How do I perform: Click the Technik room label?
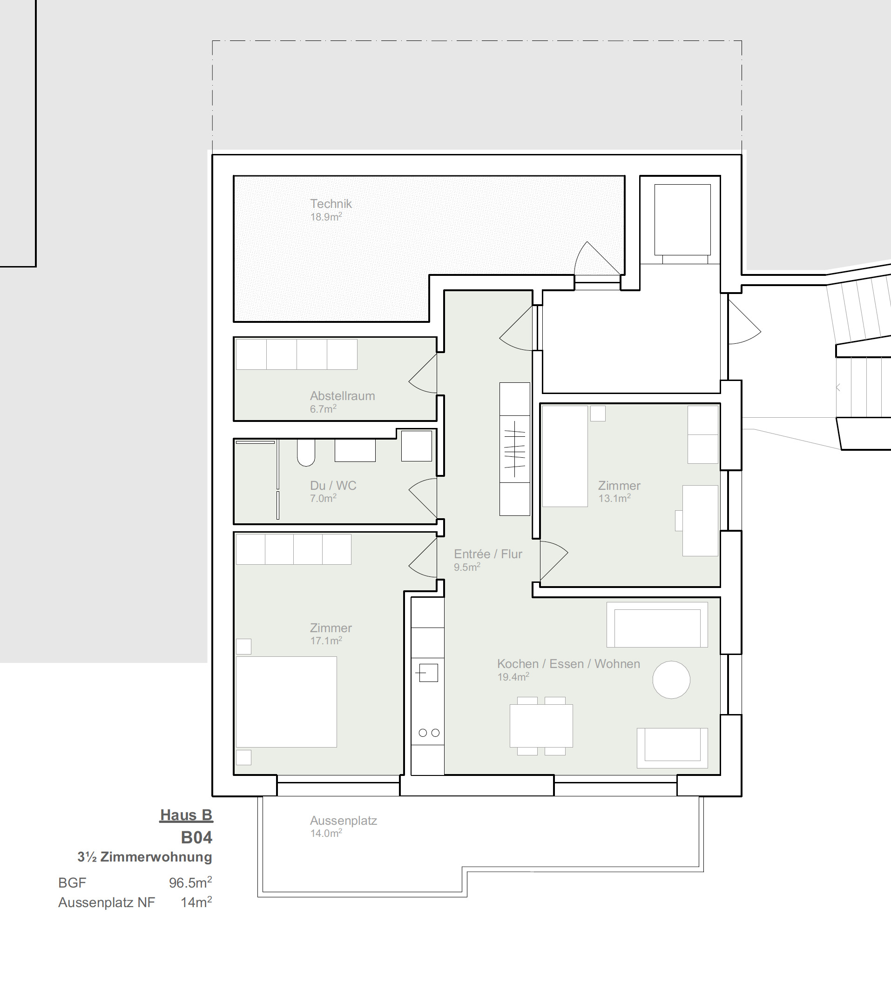(x=331, y=203)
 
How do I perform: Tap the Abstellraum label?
(x=343, y=395)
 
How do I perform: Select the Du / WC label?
(x=333, y=485)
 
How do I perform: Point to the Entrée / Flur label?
(x=488, y=554)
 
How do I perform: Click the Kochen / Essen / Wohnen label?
(x=569, y=664)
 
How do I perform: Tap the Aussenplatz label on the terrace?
(x=344, y=821)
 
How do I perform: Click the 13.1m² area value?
(x=614, y=498)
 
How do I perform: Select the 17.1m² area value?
(x=326, y=640)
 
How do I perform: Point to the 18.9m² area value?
(x=326, y=217)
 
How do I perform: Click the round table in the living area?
(x=671, y=680)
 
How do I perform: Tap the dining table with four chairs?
(x=541, y=726)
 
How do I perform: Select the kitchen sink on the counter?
(x=428, y=673)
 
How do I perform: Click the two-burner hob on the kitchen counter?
(x=429, y=733)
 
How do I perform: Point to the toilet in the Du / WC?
(x=306, y=453)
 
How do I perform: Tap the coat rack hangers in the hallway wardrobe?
(x=515, y=448)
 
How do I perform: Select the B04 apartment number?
(x=196, y=837)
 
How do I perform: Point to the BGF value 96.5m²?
(x=190, y=882)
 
